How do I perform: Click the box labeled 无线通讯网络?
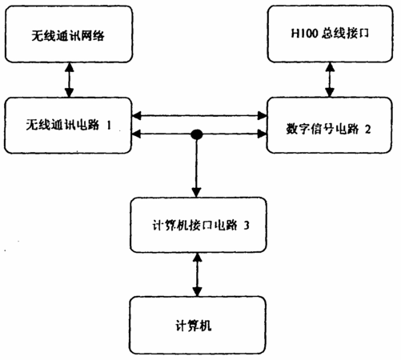tap(69, 34)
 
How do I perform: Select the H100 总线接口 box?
tap(330, 34)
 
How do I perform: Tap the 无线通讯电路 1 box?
tap(68, 126)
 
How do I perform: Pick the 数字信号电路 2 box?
tap(330, 126)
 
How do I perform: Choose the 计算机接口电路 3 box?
tap(198, 225)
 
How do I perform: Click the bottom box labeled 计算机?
tap(198, 326)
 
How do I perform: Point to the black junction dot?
tap(197, 134)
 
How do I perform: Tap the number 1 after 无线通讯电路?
tap(109, 125)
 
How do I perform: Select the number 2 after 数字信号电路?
tap(367, 130)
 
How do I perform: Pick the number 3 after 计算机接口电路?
tap(247, 226)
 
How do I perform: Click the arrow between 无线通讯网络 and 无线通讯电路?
tap(70, 80)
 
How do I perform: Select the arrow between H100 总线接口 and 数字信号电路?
tap(330, 80)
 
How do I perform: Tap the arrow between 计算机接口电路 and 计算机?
tap(197, 274)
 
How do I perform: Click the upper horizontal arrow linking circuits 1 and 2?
tap(199, 116)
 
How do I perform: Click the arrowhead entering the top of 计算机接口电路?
tap(196, 193)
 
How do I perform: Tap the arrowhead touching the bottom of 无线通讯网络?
tap(70, 67)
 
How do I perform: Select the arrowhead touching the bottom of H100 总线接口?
tap(330, 67)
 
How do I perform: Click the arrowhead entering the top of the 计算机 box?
tap(197, 292)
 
